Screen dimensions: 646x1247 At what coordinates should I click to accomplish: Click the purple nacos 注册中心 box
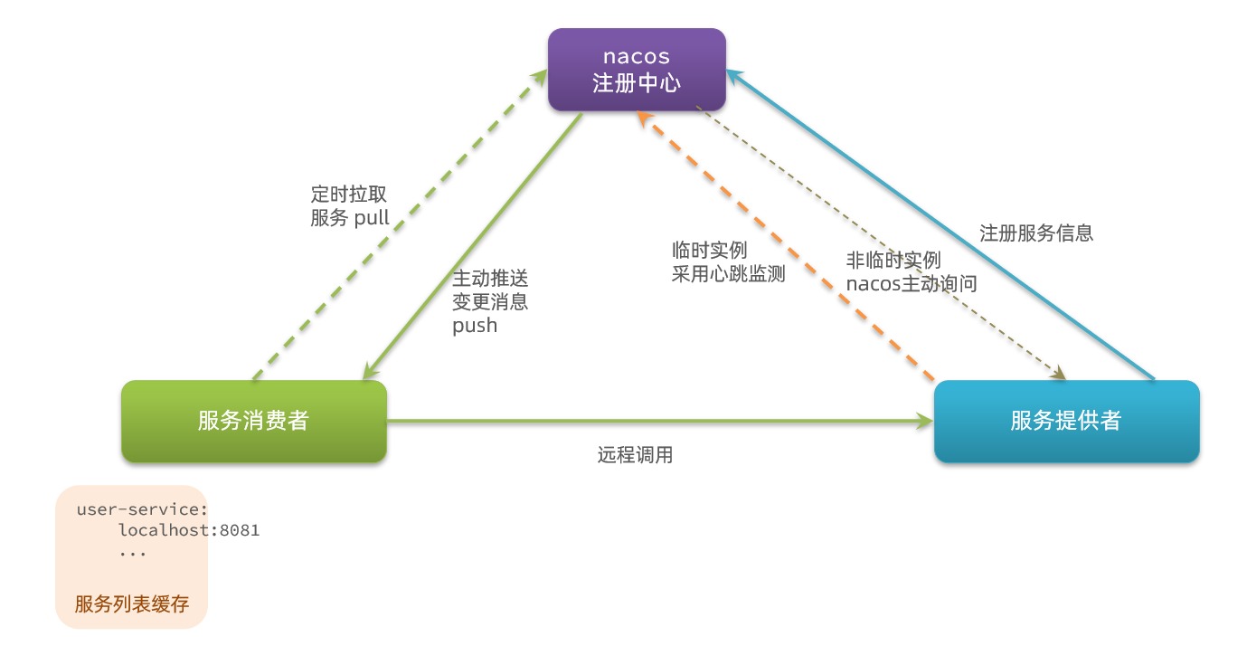637,70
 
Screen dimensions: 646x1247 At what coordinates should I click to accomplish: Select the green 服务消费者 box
254,421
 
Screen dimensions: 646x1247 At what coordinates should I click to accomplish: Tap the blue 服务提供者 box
1066,421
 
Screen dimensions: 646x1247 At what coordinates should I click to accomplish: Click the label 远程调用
635,455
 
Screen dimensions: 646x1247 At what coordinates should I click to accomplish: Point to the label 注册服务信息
1036,233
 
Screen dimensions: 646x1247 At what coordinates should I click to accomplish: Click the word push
475,326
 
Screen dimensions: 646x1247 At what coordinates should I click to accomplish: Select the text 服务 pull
350,218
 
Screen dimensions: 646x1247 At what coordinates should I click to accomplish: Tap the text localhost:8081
189,530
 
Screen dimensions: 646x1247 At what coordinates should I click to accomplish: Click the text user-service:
143,509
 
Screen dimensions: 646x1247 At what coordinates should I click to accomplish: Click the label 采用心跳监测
728,274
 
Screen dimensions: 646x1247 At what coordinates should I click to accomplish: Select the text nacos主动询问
912,283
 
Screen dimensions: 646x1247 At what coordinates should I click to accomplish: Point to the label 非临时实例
893,260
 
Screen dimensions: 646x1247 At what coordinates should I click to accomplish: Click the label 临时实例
709,251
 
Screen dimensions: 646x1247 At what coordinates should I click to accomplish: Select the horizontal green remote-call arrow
660,421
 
